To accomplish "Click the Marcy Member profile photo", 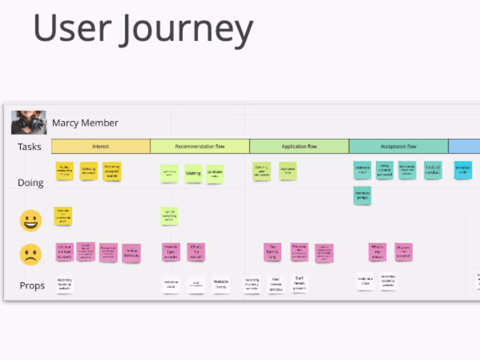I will [29, 122].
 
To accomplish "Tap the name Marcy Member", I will [85, 123].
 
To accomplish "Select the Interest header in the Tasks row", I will [101, 147].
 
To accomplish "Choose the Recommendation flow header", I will [200, 147].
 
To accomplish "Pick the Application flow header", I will [299, 147].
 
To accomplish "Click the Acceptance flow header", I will [398, 147].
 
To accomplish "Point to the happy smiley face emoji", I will [31, 220].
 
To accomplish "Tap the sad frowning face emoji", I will [31, 254].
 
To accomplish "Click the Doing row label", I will [31, 182].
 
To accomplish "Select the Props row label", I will [32, 286].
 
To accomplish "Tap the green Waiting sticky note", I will [193, 173].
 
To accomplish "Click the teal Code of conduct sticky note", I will [432, 170].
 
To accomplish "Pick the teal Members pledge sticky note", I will [362, 195].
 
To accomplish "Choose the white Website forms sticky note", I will [221, 285].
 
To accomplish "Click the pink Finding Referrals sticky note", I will [131, 253].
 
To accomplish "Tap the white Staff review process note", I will [300, 284].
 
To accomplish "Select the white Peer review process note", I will [276, 285].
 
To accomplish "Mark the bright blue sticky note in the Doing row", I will [463, 170].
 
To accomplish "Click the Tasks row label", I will [29, 147].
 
